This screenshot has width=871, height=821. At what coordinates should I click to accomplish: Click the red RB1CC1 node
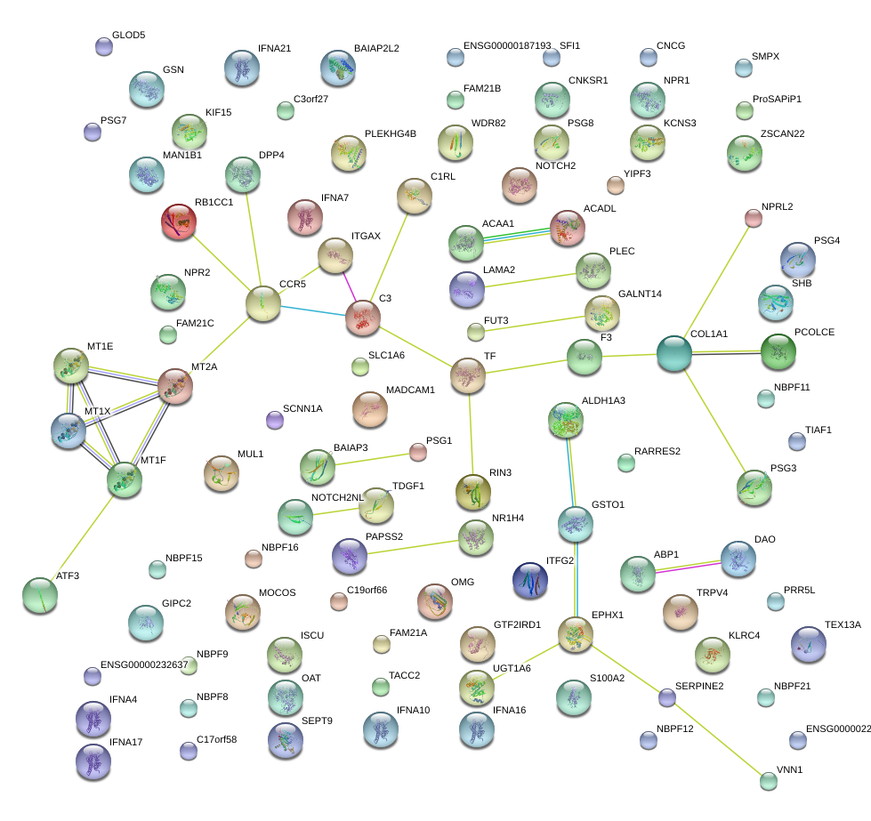180,221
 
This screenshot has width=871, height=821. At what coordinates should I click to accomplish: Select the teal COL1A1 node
673,354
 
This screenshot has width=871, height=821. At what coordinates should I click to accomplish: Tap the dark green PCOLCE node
778,352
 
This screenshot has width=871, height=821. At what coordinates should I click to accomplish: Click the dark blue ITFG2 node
530,579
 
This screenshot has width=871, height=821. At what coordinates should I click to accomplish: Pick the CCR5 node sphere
262,303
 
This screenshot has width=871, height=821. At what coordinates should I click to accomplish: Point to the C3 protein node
362,318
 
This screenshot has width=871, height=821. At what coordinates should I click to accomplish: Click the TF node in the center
467,374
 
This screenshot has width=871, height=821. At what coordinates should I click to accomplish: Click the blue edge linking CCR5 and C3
312,310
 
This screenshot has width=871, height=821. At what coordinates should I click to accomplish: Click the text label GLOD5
128,36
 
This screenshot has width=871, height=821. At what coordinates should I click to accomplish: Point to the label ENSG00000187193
507,45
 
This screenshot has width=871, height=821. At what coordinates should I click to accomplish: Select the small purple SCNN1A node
275,419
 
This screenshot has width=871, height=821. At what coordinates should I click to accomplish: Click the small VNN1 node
769,781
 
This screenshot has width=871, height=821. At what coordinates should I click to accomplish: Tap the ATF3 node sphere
39,595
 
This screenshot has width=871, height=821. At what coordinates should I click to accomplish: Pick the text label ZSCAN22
782,133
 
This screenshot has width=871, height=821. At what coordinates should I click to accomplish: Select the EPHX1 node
575,632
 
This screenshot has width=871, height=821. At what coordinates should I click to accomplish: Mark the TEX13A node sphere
808,644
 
